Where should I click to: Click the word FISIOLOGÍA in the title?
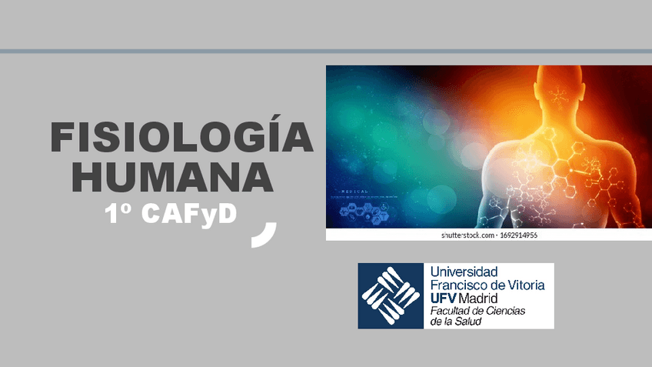coord(181,137)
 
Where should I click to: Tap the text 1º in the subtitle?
coord(120,215)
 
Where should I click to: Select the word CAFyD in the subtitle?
coord(189,215)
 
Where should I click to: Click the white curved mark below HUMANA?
coord(265,234)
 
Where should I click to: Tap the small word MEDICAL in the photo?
coord(350,191)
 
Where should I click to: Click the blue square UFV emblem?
coord(391,296)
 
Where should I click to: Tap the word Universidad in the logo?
coord(464,272)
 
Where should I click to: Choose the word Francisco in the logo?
coord(460,285)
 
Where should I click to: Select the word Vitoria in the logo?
coord(526,285)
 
